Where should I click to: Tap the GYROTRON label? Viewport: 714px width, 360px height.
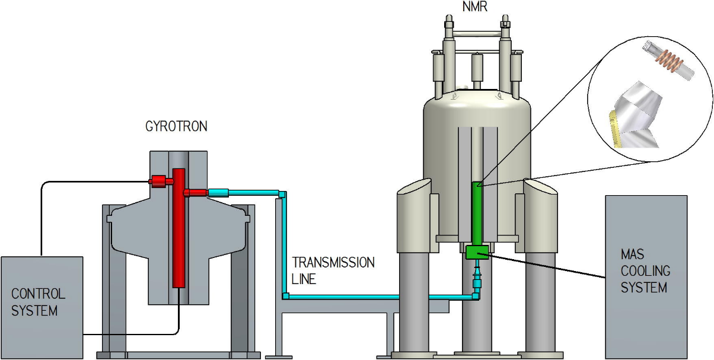click(176, 127)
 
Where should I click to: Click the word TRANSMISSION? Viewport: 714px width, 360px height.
click(334, 263)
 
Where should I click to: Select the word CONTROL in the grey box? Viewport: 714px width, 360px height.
click(39, 294)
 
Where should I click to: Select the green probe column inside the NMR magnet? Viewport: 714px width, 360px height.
click(477, 214)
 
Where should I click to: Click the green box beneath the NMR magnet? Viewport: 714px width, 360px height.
click(477, 252)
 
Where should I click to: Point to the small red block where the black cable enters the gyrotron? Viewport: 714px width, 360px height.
click(158, 181)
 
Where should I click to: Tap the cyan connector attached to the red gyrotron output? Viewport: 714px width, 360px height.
click(218, 192)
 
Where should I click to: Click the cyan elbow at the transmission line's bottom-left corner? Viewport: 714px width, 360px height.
click(285, 296)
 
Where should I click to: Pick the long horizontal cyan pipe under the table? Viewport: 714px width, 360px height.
click(380, 296)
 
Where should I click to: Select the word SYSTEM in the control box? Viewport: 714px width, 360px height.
click(35, 310)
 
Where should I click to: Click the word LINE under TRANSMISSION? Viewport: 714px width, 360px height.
click(304, 279)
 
